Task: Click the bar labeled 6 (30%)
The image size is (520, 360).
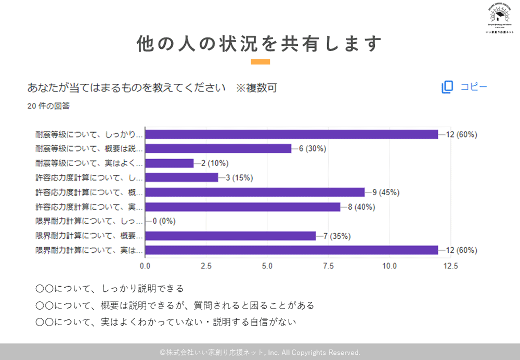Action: [x=218, y=148]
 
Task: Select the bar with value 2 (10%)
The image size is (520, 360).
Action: [x=169, y=163]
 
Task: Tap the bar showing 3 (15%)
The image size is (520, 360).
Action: [x=181, y=177]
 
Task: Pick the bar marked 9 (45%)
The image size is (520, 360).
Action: [x=255, y=192]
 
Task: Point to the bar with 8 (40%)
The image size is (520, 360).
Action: [x=242, y=207]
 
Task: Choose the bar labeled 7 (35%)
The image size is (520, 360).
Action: [x=230, y=236]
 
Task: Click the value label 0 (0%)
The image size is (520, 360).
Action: [x=164, y=221]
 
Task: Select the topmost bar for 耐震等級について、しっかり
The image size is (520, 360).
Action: [x=291, y=134]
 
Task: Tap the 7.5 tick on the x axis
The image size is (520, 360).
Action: [x=328, y=266]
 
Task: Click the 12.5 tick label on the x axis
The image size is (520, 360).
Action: [x=450, y=266]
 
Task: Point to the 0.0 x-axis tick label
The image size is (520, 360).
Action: [x=145, y=266]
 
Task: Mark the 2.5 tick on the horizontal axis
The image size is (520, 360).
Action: [x=206, y=266]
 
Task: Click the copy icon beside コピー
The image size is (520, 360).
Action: [x=447, y=87]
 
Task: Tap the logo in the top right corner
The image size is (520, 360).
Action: [x=499, y=18]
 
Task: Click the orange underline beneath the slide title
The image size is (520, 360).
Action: [x=260, y=61]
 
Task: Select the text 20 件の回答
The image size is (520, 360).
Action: [x=48, y=106]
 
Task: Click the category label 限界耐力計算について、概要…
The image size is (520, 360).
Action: [x=89, y=236]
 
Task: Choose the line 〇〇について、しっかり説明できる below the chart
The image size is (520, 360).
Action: [x=110, y=288]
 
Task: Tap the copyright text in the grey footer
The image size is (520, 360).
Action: [x=260, y=352]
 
